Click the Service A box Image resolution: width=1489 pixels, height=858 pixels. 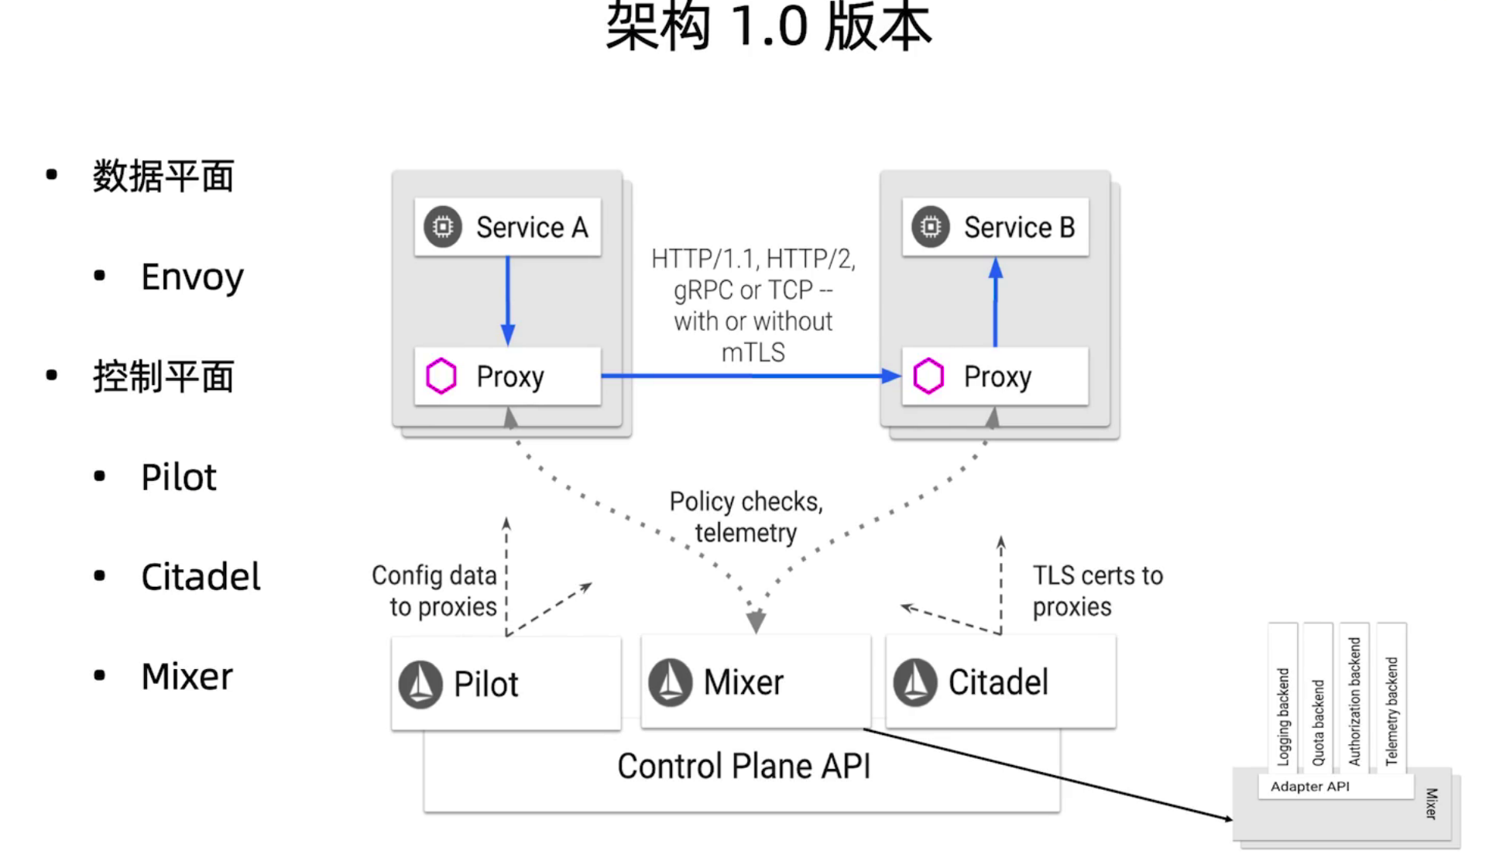click(508, 227)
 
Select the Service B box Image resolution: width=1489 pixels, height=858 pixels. click(996, 227)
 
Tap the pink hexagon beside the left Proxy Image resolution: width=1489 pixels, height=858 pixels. click(441, 376)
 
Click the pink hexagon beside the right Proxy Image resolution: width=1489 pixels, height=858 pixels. click(928, 376)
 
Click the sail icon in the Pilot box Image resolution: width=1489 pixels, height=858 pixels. click(420, 684)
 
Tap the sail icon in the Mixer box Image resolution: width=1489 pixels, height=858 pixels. click(670, 682)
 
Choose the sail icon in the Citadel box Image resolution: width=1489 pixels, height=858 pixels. click(915, 682)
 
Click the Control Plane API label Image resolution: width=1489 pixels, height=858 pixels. click(743, 767)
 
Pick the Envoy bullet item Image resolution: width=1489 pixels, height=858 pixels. click(192, 277)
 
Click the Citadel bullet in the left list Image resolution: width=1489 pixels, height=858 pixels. click(201, 577)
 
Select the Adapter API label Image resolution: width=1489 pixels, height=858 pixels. click(1309, 787)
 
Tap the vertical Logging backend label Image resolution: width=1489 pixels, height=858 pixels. click(1283, 716)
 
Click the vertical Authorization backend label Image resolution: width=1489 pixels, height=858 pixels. click(1354, 702)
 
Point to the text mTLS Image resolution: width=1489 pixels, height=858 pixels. click(753, 353)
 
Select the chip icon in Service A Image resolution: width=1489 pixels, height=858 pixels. click(443, 227)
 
